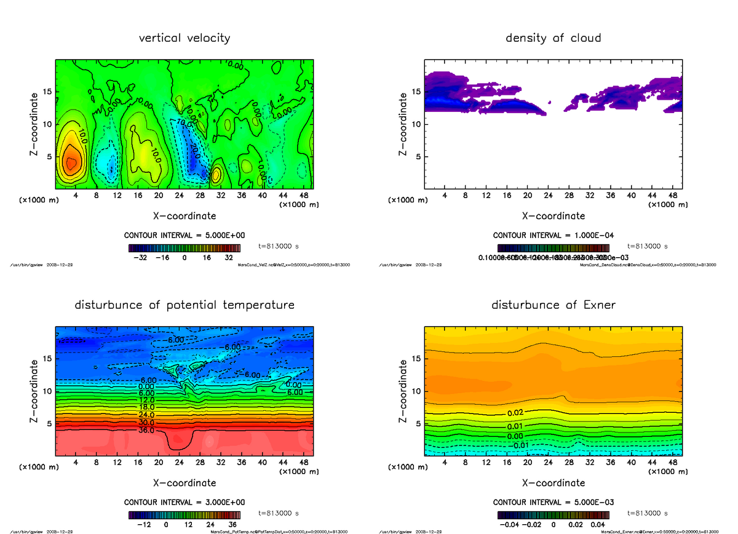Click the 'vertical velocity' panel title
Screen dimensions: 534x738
[184, 38]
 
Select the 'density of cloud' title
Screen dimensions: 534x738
[553, 38]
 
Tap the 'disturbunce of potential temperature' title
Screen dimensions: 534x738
[184, 305]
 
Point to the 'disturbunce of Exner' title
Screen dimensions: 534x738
[553, 305]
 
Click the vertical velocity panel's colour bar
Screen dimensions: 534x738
[184, 248]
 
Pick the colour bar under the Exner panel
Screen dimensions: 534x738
[553, 515]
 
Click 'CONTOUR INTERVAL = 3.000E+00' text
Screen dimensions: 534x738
[184, 502]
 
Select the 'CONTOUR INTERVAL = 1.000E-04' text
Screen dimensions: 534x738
[553, 235]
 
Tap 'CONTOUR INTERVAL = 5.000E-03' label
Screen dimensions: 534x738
[553, 502]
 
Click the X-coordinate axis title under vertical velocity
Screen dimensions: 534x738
[184, 216]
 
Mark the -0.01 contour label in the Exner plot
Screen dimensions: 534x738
[521, 445]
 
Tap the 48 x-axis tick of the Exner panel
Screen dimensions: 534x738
[672, 462]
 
